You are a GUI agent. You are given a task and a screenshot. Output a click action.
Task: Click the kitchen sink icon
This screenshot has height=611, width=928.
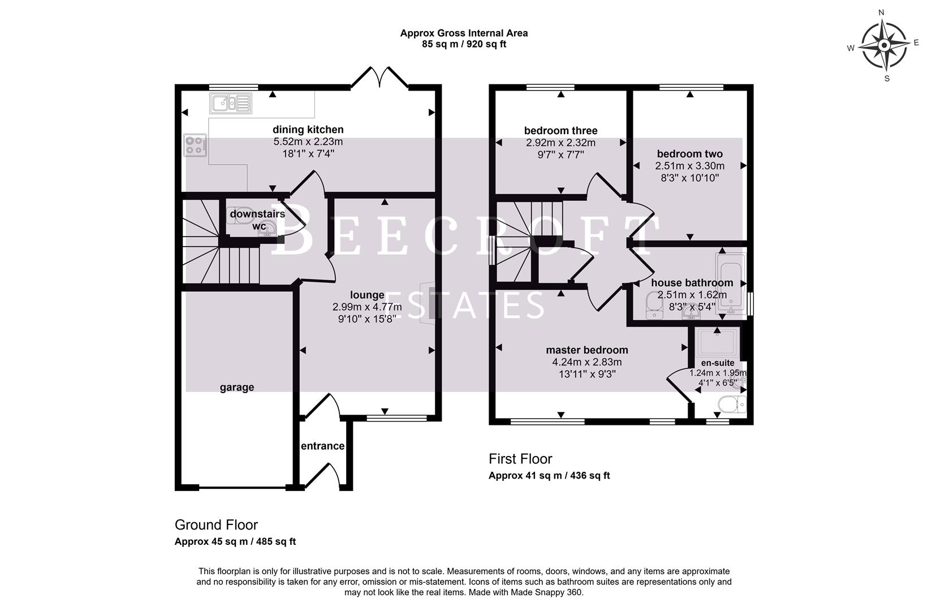(230, 104)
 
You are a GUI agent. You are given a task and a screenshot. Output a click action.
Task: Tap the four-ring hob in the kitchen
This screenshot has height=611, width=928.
(195, 145)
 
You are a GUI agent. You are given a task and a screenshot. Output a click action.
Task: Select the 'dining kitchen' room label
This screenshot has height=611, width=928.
(308, 130)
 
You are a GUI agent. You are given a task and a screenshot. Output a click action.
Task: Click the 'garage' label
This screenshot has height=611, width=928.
(236, 388)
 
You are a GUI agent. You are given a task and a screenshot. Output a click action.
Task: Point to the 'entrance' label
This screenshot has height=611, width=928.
(322, 446)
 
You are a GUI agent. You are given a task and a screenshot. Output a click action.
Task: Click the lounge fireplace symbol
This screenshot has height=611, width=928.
(431, 303)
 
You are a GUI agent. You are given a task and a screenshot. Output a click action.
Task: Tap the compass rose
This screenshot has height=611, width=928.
(883, 45)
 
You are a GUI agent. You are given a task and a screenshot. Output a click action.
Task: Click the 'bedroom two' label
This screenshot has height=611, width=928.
(689, 154)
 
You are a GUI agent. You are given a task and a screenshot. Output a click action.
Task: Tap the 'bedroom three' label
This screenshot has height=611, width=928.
(560, 131)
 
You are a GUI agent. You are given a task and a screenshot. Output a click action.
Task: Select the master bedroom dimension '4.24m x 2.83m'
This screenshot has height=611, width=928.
(586, 362)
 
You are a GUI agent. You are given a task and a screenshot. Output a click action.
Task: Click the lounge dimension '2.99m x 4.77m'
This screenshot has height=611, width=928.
(367, 307)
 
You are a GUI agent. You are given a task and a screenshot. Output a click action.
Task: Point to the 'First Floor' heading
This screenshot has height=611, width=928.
(520, 459)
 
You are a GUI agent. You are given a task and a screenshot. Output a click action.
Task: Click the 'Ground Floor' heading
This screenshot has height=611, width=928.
(216, 525)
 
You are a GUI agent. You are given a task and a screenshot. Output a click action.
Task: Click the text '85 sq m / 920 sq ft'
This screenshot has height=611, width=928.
(464, 44)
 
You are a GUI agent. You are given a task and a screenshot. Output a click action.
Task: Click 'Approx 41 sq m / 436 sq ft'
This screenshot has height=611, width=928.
(549, 476)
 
